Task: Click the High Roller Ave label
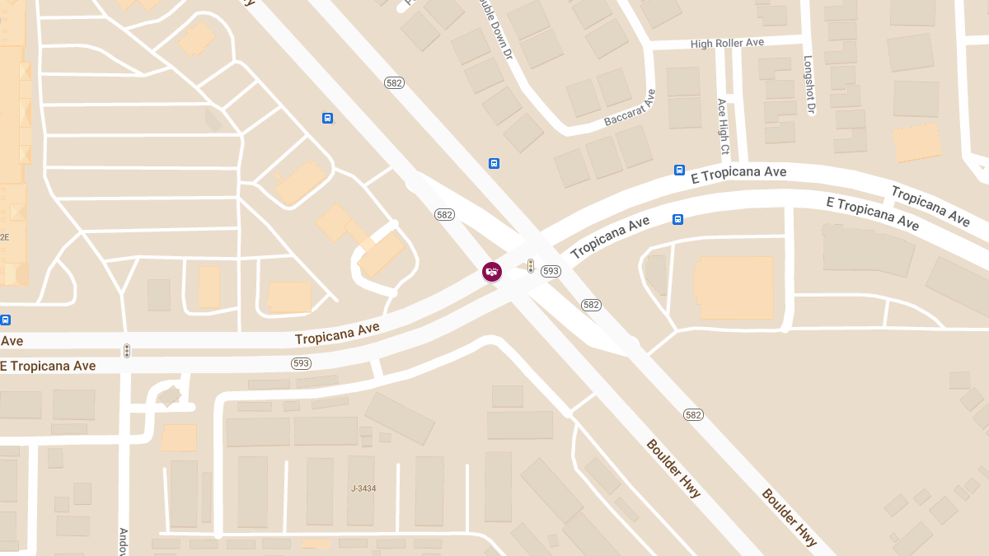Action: (x=728, y=43)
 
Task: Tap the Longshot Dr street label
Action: (x=809, y=85)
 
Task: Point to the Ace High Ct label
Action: (x=723, y=128)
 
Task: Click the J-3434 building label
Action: (x=363, y=488)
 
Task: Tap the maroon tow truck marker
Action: (x=492, y=271)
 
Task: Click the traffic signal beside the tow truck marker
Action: (x=531, y=266)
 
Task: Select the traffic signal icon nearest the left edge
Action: (x=127, y=351)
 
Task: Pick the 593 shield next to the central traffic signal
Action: (x=551, y=271)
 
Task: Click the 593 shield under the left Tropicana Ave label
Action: (x=301, y=363)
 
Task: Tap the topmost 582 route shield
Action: (x=394, y=82)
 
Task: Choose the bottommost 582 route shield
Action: (x=693, y=414)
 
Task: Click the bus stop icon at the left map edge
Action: (x=6, y=320)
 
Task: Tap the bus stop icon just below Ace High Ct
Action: (x=679, y=171)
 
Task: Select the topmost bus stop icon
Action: (x=327, y=118)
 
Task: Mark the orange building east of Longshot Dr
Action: (x=917, y=143)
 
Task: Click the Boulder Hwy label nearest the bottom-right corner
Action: (x=790, y=517)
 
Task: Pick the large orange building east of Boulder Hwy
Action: (x=735, y=287)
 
